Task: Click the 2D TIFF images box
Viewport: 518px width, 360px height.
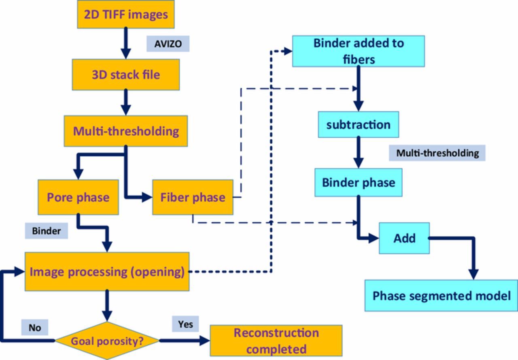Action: pos(126,14)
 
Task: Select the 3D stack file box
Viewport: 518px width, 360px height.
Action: pos(126,75)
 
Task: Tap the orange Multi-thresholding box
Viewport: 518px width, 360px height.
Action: pos(126,131)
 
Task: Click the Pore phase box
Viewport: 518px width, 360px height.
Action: pos(78,197)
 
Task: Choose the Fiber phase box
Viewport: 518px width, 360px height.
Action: pos(193,197)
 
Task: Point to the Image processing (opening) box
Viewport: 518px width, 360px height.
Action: pos(107,271)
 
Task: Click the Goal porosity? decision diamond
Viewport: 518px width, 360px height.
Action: pos(107,341)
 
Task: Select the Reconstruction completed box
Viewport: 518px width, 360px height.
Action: pos(276,341)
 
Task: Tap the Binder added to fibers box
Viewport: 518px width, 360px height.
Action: pos(358,51)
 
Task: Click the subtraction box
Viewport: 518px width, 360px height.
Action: pos(358,124)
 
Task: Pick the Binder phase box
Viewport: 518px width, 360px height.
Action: pos(358,182)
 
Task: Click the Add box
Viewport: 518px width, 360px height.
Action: pos(404,238)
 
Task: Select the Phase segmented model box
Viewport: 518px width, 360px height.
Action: pos(441,296)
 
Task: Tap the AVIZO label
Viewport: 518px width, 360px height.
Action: pos(168,44)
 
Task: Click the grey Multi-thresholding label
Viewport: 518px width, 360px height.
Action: pos(437,153)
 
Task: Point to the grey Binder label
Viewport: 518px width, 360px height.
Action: pos(46,231)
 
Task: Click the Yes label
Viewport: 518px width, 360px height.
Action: pos(185,324)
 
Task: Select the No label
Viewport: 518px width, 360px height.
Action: pos(35,327)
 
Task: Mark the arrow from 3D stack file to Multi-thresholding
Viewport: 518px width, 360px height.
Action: pos(126,102)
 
